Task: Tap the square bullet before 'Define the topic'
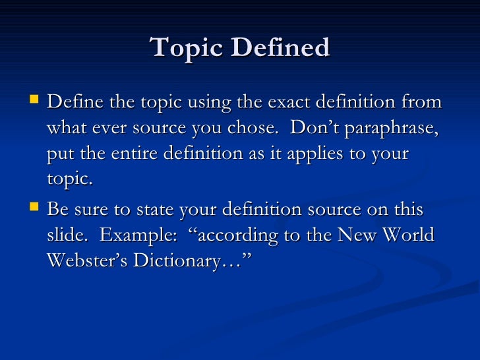[36, 101]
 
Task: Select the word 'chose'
[255, 128]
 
